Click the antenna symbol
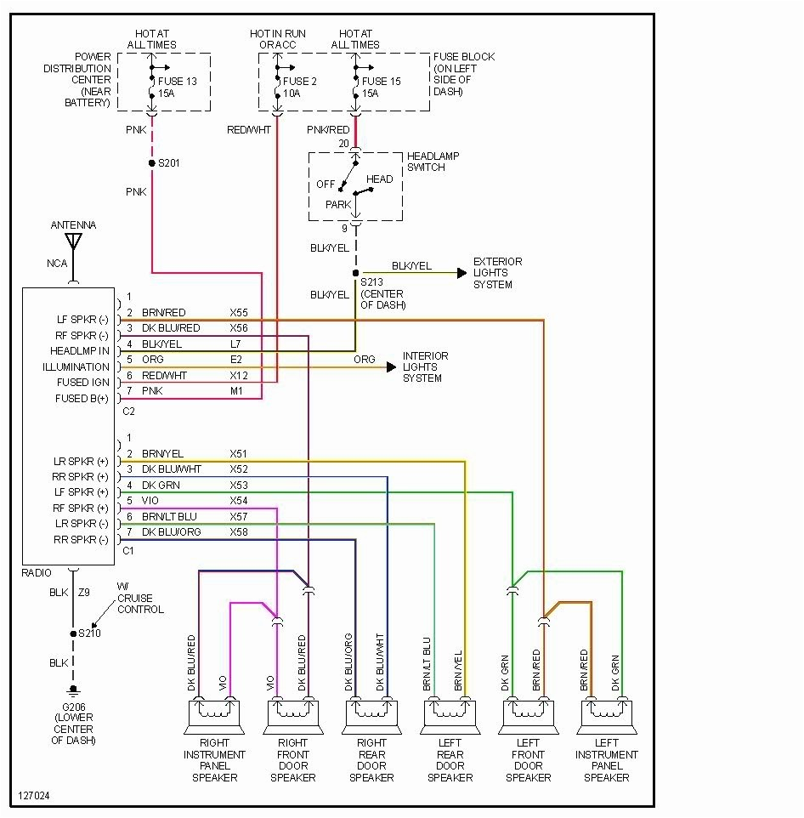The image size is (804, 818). coord(73,242)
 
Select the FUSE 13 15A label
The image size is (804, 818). coord(177,88)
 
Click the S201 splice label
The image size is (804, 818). coord(170,162)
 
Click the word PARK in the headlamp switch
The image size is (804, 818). coord(338,205)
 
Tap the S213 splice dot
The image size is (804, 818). coord(355,274)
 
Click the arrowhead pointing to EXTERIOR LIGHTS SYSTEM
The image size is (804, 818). coord(461,274)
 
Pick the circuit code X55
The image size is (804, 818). coord(238,313)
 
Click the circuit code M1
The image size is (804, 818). coord(235,391)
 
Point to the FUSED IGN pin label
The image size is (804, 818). coord(82,383)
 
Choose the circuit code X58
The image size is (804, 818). coord(238,531)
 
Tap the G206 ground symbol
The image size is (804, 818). coord(73,690)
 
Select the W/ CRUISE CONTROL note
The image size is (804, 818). coord(140,598)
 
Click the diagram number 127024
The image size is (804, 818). coord(33,797)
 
